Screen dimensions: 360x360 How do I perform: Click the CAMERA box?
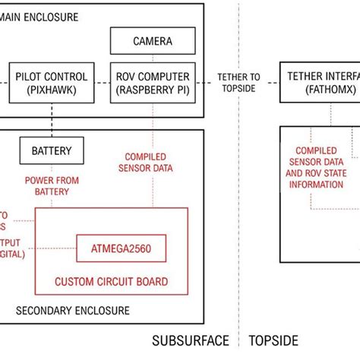pyautogui.click(x=153, y=41)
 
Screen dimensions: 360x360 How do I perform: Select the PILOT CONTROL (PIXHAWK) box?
pyautogui.click(x=51, y=82)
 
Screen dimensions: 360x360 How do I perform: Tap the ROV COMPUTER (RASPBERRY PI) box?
pyautogui.click(x=153, y=82)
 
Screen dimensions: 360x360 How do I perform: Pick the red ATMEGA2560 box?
pyautogui.click(x=122, y=248)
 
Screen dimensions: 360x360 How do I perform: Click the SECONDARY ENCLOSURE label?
pyautogui.click(x=72, y=311)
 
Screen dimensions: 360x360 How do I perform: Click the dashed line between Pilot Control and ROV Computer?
pyautogui.click(x=104, y=82)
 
